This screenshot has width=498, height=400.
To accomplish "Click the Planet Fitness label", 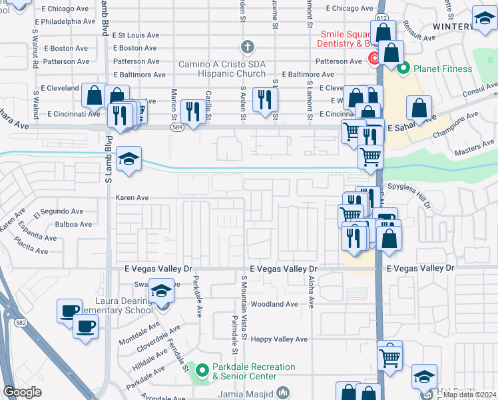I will click(443, 69).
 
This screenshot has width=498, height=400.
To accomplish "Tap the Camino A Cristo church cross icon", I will click(248, 47).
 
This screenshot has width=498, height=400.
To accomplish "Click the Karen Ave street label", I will click(131, 198).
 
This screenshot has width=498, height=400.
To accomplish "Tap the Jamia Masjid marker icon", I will click(283, 392).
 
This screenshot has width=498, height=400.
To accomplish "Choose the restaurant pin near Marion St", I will click(193, 112).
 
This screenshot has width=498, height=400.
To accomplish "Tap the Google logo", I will click(22, 392).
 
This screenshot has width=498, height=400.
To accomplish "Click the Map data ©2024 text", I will click(469, 395).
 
